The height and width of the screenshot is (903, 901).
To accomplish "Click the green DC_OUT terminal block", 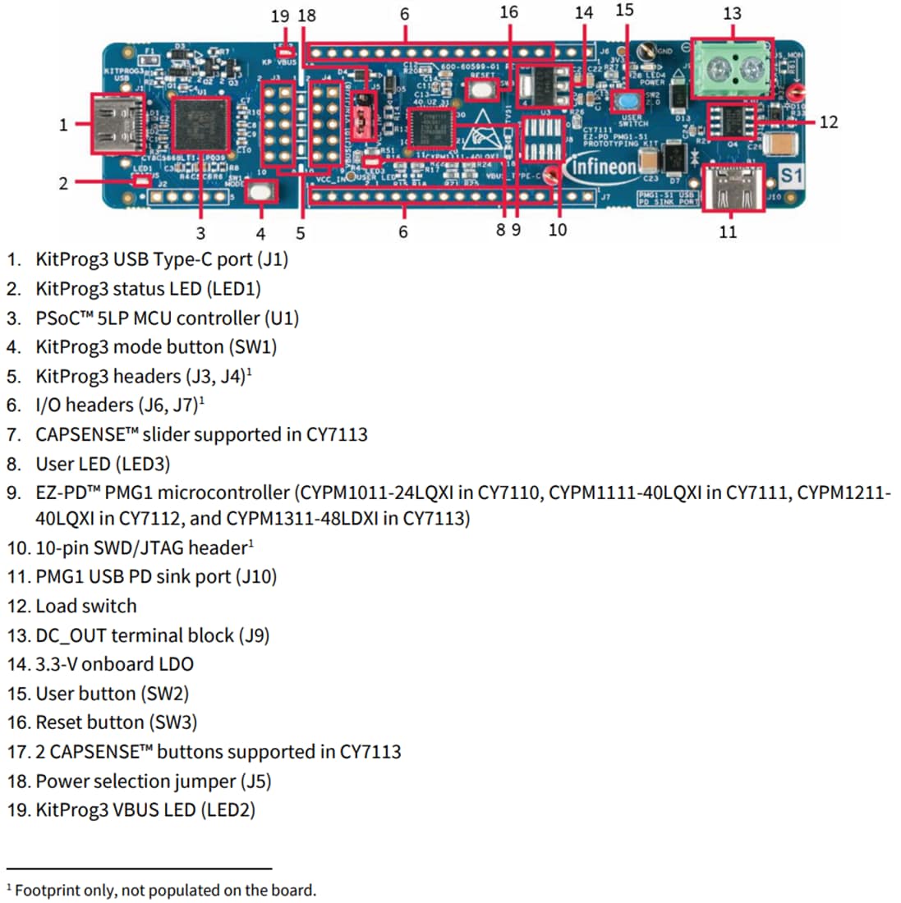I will click(x=731, y=69).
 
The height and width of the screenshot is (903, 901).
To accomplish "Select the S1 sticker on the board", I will click(x=790, y=176).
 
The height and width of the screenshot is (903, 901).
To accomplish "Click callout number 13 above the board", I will click(x=732, y=14).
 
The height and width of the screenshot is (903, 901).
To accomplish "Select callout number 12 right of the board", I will click(x=828, y=122).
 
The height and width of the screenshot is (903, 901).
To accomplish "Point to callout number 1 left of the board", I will click(x=63, y=125).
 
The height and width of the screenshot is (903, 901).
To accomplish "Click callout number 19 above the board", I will click(x=280, y=16).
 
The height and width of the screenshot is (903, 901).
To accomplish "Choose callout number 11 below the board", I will click(x=729, y=232).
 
